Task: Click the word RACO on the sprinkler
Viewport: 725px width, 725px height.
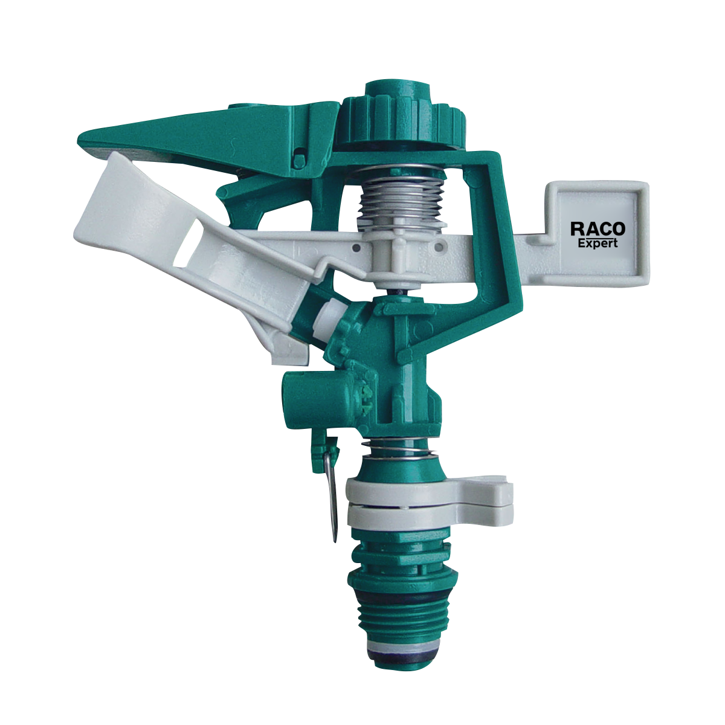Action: pyautogui.click(x=598, y=229)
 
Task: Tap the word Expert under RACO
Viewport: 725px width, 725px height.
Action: pyautogui.click(x=598, y=243)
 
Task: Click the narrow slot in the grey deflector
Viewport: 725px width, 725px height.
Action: pyautogui.click(x=187, y=245)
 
